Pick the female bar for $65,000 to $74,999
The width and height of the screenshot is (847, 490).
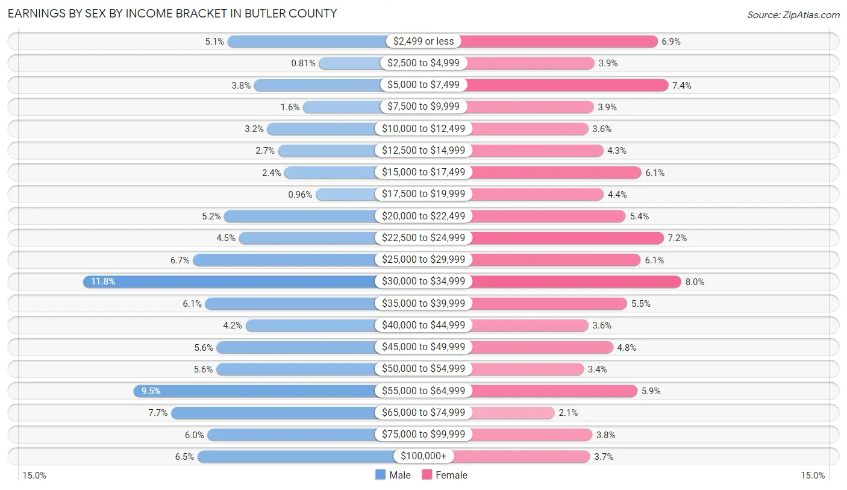513,412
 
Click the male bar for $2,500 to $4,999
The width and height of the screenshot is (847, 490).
349,63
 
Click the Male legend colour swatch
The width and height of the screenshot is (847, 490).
380,475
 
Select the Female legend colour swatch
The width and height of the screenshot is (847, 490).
427,475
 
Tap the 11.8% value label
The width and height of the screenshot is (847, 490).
103,281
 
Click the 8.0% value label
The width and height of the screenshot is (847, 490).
694,281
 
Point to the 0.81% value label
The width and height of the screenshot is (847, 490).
303,63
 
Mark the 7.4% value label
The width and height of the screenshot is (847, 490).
681,86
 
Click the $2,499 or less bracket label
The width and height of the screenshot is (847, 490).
423,41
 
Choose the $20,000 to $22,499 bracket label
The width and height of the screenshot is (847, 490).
423,216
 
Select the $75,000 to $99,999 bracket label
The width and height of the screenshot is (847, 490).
423,435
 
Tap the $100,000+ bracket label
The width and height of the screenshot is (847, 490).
423,456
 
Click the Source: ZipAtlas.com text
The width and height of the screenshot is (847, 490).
793,14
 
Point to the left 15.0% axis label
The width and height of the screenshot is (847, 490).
34,476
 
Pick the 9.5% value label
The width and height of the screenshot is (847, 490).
151,391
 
